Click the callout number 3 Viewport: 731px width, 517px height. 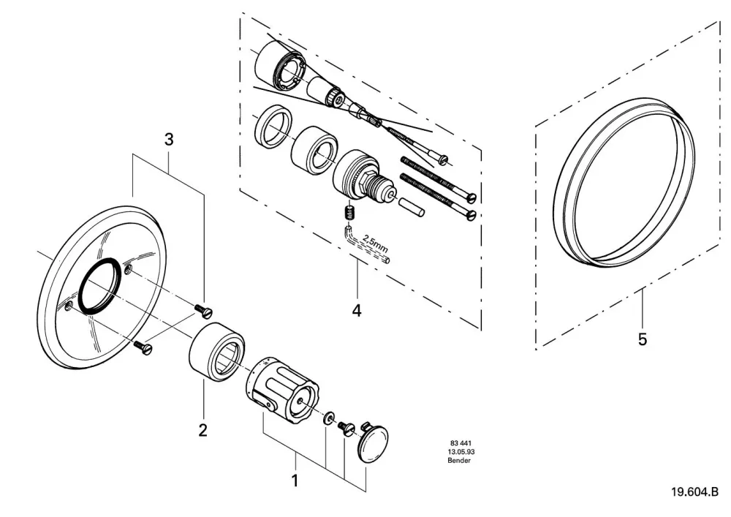tap(169, 139)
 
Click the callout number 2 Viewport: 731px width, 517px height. tap(202, 430)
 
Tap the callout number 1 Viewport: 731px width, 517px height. tap(295, 480)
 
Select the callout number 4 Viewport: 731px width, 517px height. tap(357, 311)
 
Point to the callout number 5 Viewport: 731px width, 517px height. tap(643, 339)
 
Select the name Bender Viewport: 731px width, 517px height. tap(459, 461)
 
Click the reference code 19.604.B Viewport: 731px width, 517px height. tap(694, 492)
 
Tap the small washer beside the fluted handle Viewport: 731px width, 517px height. tap(329, 418)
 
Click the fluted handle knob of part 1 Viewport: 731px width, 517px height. tap(281, 390)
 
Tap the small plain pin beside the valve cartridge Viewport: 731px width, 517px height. tap(410, 206)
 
